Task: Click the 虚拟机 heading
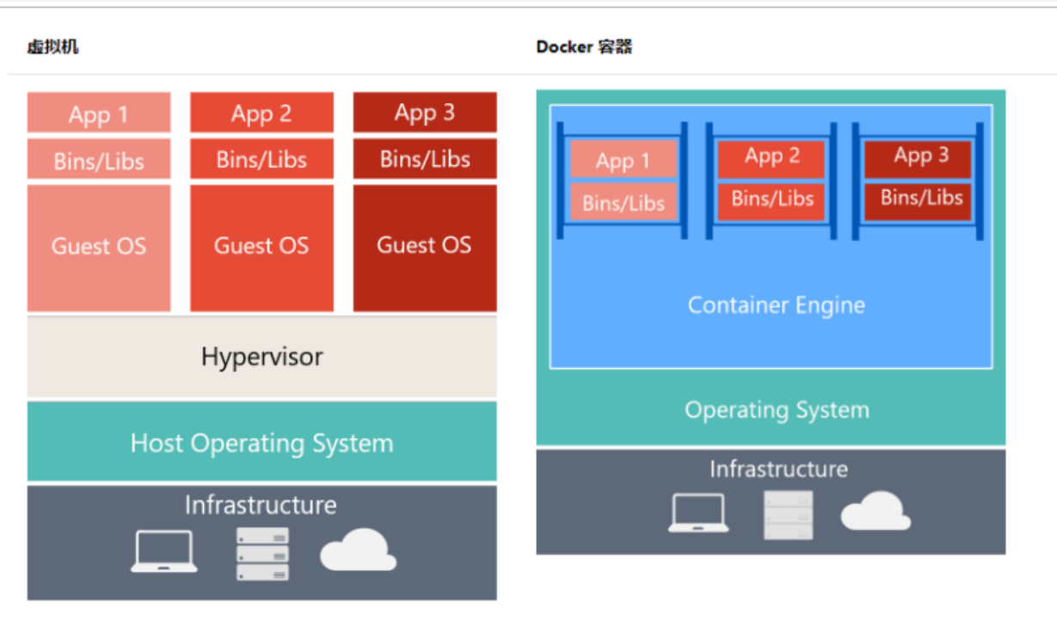coord(52,46)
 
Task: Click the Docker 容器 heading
coord(584,46)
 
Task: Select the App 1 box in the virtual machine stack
coord(99,113)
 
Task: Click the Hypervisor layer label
coord(261,357)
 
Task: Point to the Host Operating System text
coord(261,444)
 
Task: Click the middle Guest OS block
coord(261,247)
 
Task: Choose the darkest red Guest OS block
coord(424,247)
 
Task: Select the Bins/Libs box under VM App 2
coord(261,160)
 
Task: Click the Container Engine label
coord(776,305)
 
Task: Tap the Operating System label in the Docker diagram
coord(776,410)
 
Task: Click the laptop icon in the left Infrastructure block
coord(163,552)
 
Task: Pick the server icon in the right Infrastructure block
coord(788,515)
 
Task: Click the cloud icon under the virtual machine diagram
coord(358,550)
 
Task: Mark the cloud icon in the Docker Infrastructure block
coord(875,512)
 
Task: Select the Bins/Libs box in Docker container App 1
coord(624,203)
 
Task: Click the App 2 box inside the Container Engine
coord(771,156)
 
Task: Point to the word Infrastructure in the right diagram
coord(777,469)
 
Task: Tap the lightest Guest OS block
coord(99,247)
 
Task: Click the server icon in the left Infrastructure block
coord(262,554)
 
